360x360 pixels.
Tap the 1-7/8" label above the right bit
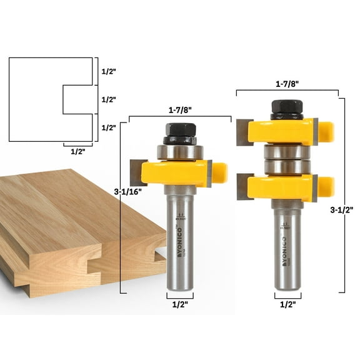pos(287,83)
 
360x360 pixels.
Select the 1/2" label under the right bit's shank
pos(287,306)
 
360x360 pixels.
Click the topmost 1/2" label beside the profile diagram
pos(109,71)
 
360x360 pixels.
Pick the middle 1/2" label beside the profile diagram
pos(109,99)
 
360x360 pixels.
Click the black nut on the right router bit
pos(287,110)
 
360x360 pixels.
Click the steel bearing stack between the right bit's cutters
pos(287,160)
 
